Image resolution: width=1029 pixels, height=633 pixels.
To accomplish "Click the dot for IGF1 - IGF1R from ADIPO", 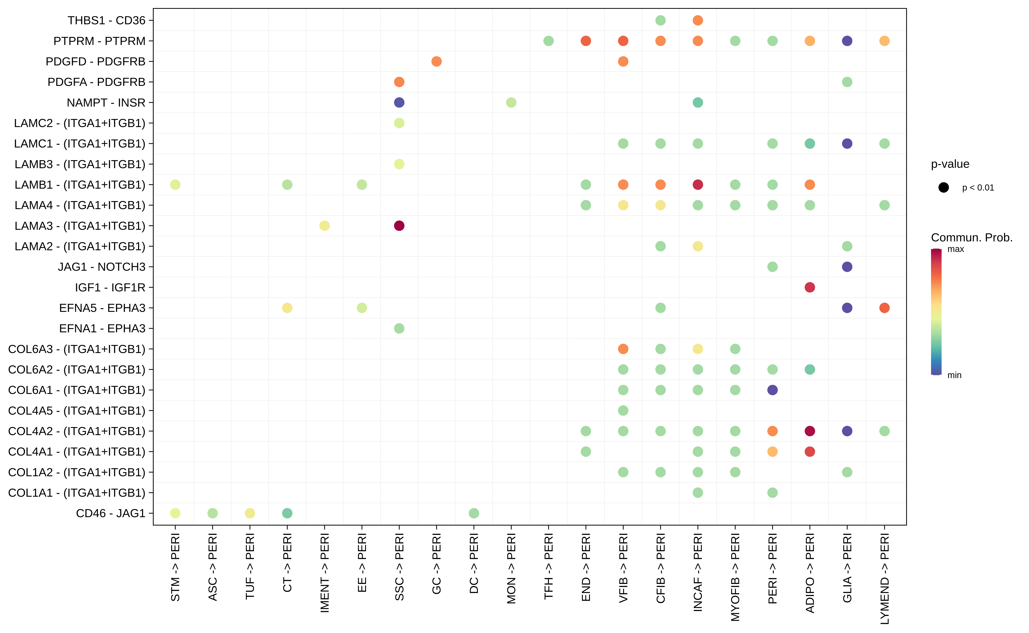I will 809,287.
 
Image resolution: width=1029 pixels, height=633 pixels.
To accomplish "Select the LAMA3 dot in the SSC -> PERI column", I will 399,226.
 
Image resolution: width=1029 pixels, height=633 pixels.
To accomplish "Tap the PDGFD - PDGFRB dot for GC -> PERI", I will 436,62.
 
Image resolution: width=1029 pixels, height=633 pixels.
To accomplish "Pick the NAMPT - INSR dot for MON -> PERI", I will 511,103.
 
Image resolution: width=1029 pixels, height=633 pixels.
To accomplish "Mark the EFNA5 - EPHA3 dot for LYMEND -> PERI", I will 884,308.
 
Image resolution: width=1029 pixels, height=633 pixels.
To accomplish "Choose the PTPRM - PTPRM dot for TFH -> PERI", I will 548,41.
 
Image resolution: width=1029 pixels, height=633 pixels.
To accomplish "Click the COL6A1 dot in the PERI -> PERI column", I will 772,390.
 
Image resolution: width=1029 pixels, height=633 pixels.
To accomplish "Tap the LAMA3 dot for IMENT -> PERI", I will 325,226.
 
